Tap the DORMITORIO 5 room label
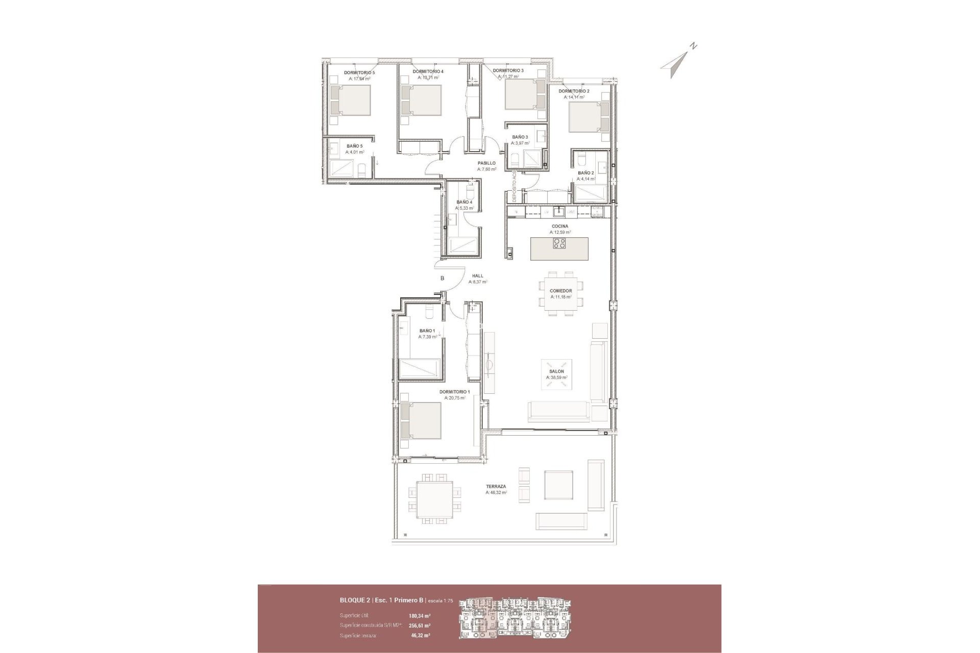(x=359, y=73)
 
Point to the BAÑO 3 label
(x=520, y=137)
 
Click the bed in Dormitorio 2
(x=585, y=117)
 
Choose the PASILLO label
(x=486, y=163)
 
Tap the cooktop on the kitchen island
(x=559, y=244)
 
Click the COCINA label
(x=560, y=226)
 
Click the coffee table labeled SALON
(x=556, y=374)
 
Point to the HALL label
(x=478, y=276)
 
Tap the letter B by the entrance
(x=443, y=278)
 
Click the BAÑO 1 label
(x=427, y=331)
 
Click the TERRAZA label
(x=496, y=486)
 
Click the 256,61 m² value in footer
(x=419, y=625)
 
